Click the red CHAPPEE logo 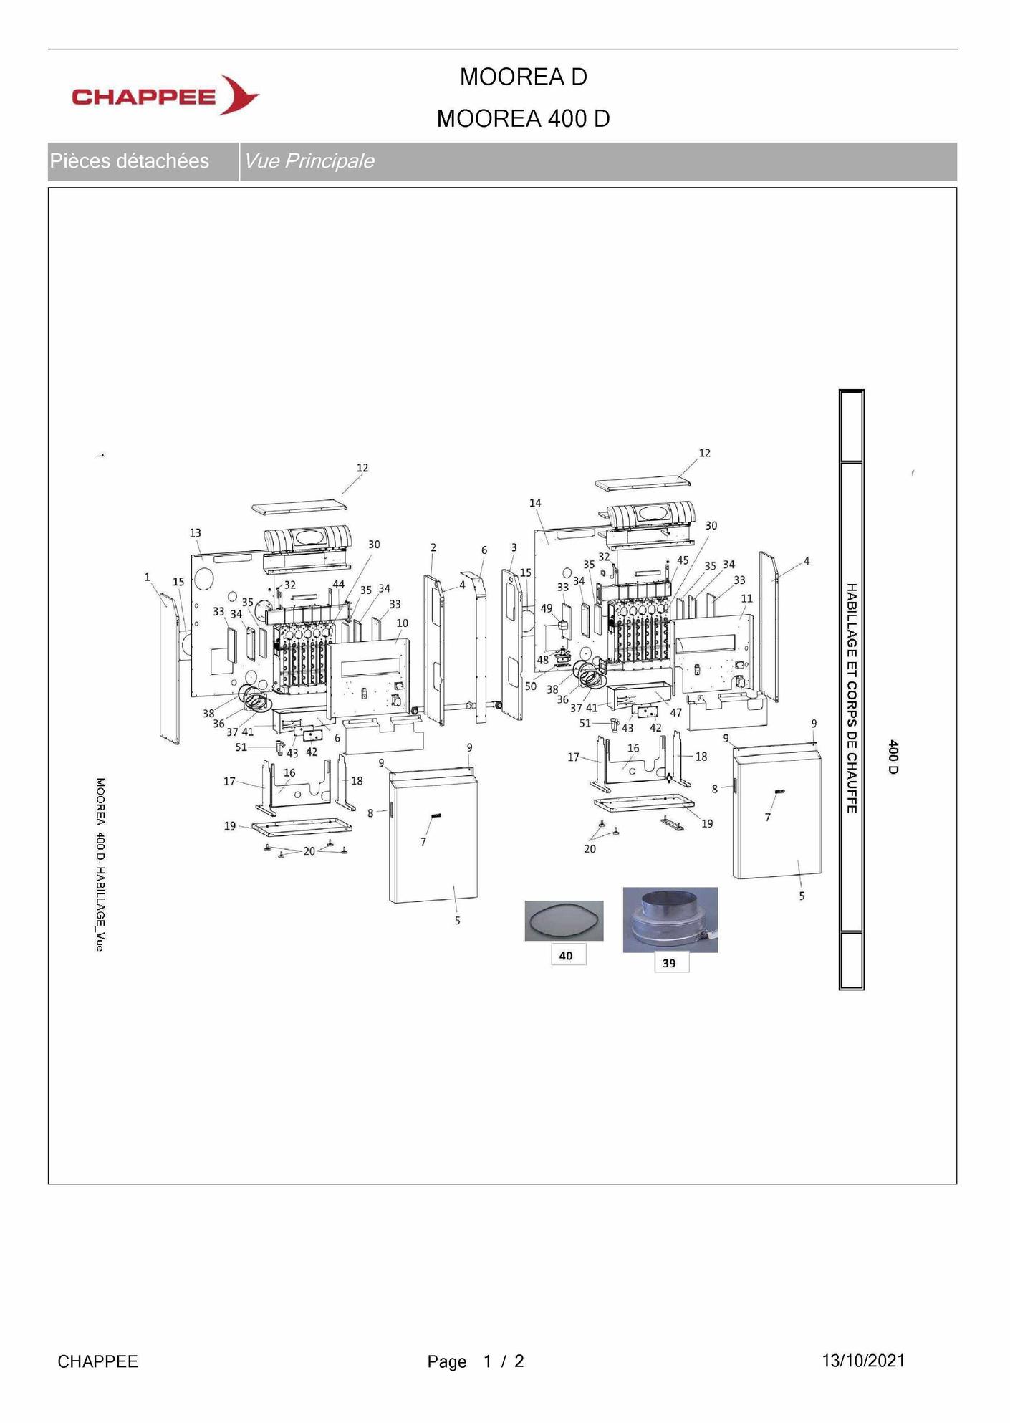(x=165, y=95)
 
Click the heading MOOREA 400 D (x=523, y=119)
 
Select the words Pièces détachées (x=130, y=161)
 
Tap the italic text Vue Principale (x=309, y=161)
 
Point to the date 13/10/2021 (x=863, y=1361)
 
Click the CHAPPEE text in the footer (x=97, y=1361)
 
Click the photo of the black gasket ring (x=564, y=920)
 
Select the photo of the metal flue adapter (x=670, y=920)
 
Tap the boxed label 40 (x=566, y=955)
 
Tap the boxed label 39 (x=669, y=963)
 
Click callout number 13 (x=196, y=533)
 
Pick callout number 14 (x=535, y=503)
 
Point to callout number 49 (x=547, y=608)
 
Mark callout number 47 (x=675, y=713)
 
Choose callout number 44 (x=338, y=585)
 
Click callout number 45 (x=683, y=560)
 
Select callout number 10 (x=403, y=623)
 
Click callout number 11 (x=746, y=598)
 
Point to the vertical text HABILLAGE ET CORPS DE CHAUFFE (x=852, y=698)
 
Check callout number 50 (x=531, y=686)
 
